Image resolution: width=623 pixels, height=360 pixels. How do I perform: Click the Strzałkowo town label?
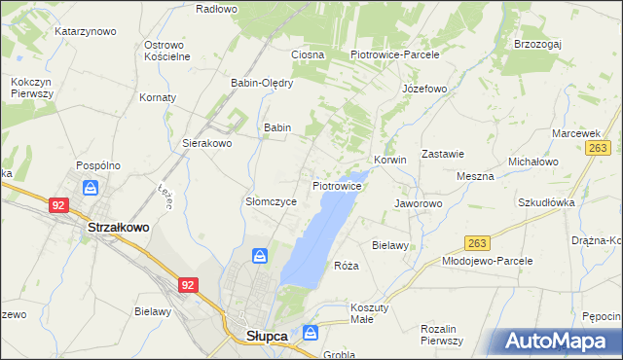point(119,227)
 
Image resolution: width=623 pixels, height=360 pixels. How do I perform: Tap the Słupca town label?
point(260,336)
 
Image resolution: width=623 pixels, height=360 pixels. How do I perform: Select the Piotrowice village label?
point(338,184)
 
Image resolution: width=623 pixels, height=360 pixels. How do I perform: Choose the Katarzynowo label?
point(86,31)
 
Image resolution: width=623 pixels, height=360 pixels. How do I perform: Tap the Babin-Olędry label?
point(262,83)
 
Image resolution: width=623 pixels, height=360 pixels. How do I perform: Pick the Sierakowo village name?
point(207,142)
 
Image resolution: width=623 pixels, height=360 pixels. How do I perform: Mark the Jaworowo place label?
point(419,203)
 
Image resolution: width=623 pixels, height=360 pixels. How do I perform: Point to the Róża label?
point(347,266)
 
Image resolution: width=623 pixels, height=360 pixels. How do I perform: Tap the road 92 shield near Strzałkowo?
point(58,205)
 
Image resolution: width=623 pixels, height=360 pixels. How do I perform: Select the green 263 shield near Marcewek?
point(598,147)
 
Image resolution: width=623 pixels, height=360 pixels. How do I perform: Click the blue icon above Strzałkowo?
point(91,188)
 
